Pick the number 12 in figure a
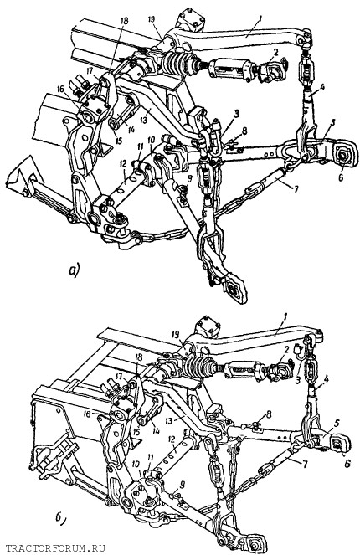pyautogui.click(x=123, y=164)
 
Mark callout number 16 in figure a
pyautogui.click(x=59, y=89)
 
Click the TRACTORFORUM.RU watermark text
pyautogui.click(x=56, y=549)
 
